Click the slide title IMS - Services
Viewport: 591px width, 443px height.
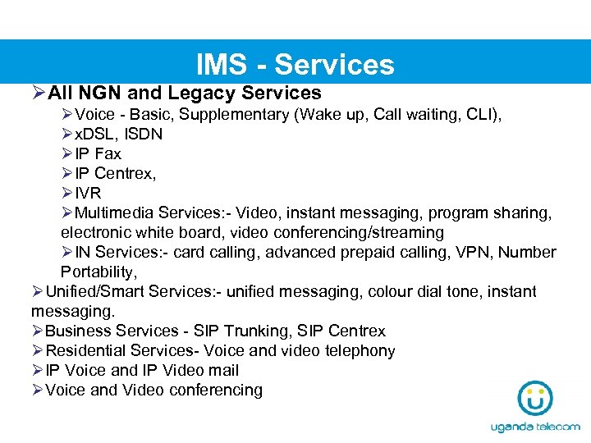tap(295, 64)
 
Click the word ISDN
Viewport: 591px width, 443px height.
tap(144, 134)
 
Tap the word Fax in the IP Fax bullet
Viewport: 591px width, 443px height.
tap(108, 153)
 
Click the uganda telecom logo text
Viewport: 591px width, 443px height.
tap(534, 427)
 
